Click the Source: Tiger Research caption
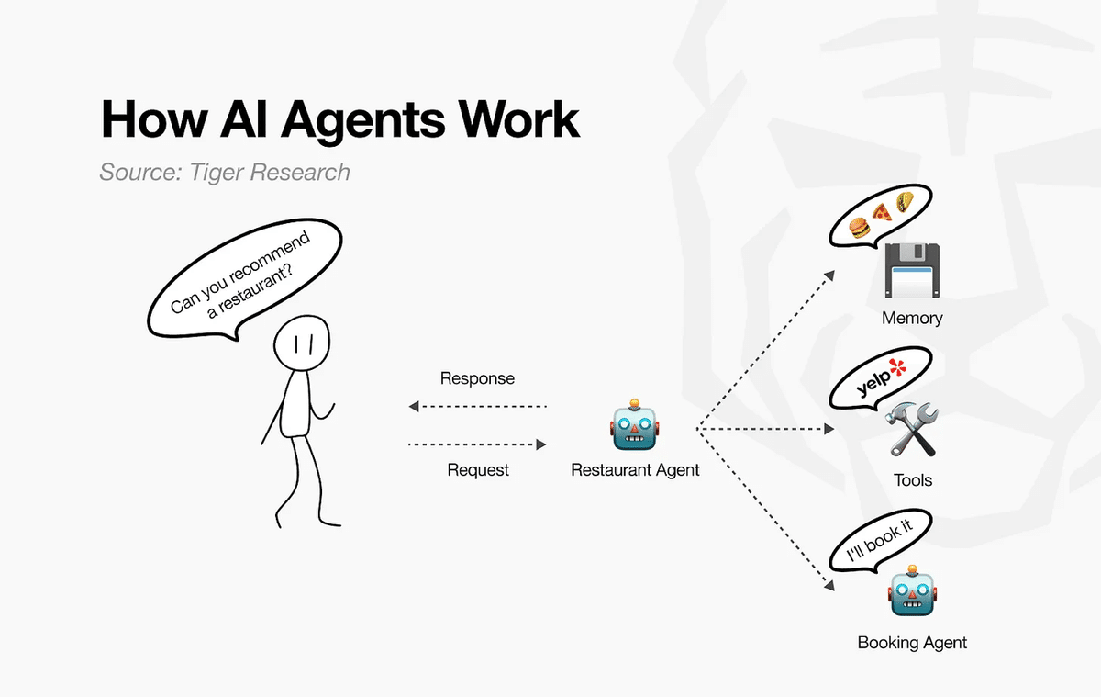click(224, 172)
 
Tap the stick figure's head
click(300, 344)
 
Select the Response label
click(477, 378)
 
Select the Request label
click(478, 469)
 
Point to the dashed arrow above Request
click(477, 444)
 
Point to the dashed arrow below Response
click(477, 405)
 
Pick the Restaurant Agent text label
click(635, 470)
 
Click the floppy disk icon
click(912, 270)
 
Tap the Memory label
click(912, 319)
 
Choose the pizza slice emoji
click(882, 212)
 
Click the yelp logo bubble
click(881, 377)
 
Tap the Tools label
click(913, 480)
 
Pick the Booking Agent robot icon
click(912, 593)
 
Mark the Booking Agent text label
click(912, 643)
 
